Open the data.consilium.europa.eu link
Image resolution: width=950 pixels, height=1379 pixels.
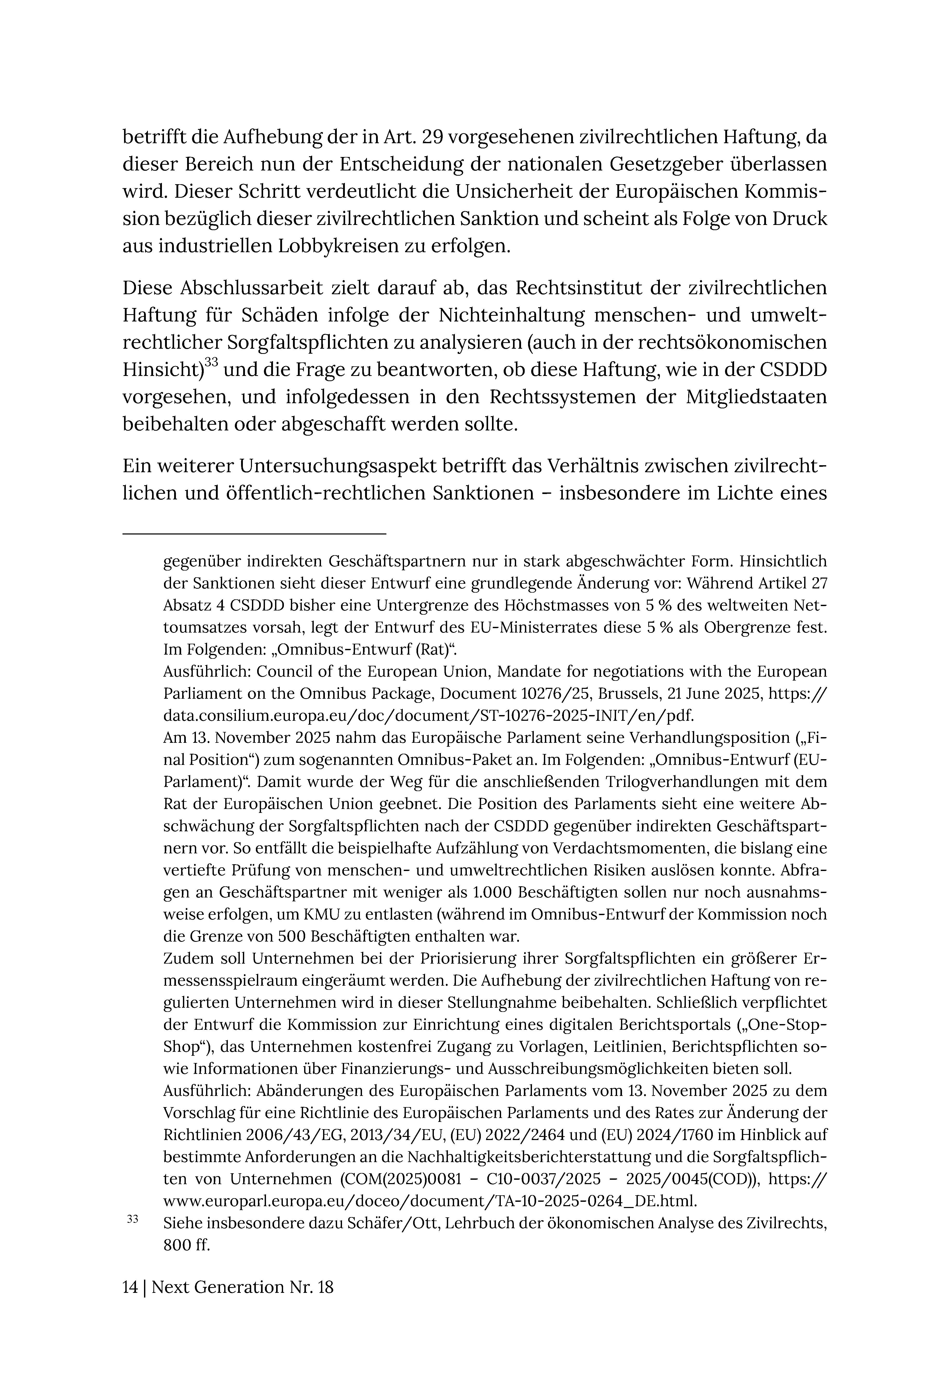(x=429, y=715)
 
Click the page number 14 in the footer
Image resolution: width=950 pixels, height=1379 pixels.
(x=130, y=1287)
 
